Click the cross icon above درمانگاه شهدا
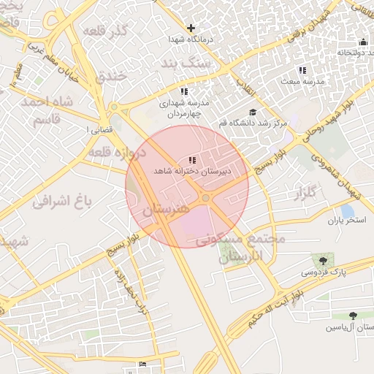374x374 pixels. [191, 28]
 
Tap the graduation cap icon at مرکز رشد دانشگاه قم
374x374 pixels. [253, 112]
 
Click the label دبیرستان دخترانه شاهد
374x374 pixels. [191, 171]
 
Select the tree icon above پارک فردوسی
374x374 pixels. [320, 260]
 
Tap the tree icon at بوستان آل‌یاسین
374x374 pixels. [353, 316]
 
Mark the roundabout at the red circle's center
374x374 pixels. [206, 198]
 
